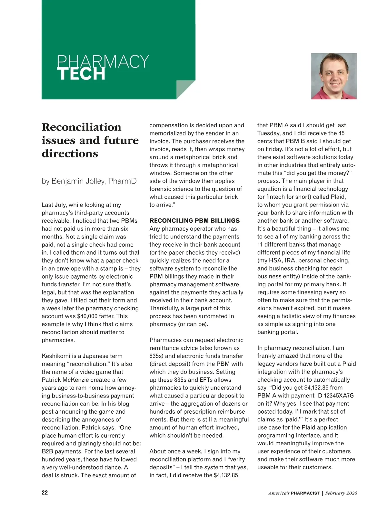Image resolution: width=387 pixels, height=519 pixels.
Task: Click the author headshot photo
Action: tap(334, 76)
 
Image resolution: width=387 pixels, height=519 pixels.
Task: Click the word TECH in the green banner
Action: tap(81, 74)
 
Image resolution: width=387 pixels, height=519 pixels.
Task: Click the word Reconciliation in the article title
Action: tap(82, 127)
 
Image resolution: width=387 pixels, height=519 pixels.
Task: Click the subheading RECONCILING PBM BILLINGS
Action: tap(194, 221)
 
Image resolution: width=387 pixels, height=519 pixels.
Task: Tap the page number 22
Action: tap(45, 493)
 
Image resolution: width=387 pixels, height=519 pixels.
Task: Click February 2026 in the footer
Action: tap(341, 493)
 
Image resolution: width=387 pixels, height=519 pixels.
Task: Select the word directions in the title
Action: tap(70, 154)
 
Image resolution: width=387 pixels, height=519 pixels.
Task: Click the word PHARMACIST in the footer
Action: tap(305, 493)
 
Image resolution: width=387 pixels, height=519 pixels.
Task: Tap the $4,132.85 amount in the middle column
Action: tap(226, 475)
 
